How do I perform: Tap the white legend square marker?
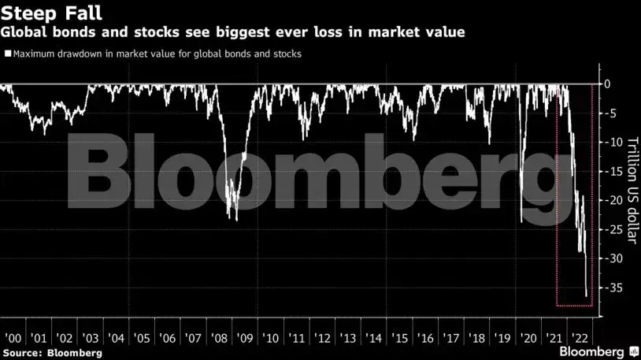[x=8, y=54]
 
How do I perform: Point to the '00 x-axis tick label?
[x=13, y=338]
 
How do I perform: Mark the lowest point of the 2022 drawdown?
[x=586, y=296]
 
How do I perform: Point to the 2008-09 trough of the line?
[x=236, y=220]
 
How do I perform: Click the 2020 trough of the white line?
[x=521, y=221]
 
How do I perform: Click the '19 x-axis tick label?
[x=501, y=338]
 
